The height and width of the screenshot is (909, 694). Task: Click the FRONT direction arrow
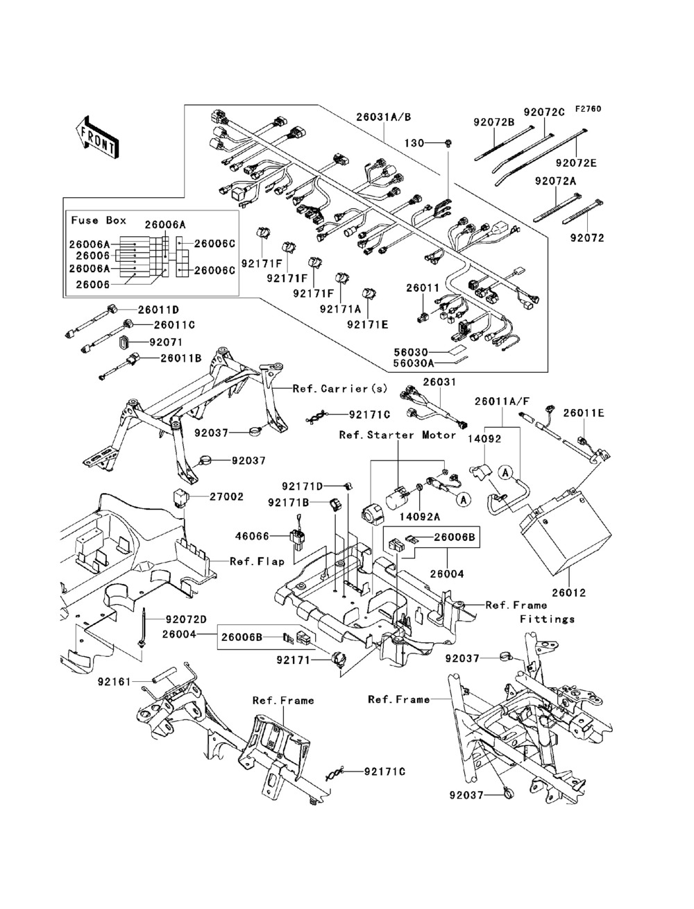pos(90,135)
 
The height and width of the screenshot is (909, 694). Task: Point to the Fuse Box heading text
pos(99,220)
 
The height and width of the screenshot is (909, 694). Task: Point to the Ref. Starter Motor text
pos(398,435)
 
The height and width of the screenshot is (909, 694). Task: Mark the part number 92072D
pos(187,619)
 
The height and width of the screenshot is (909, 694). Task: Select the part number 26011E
pos(584,413)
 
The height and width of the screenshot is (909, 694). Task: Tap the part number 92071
pos(163,342)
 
